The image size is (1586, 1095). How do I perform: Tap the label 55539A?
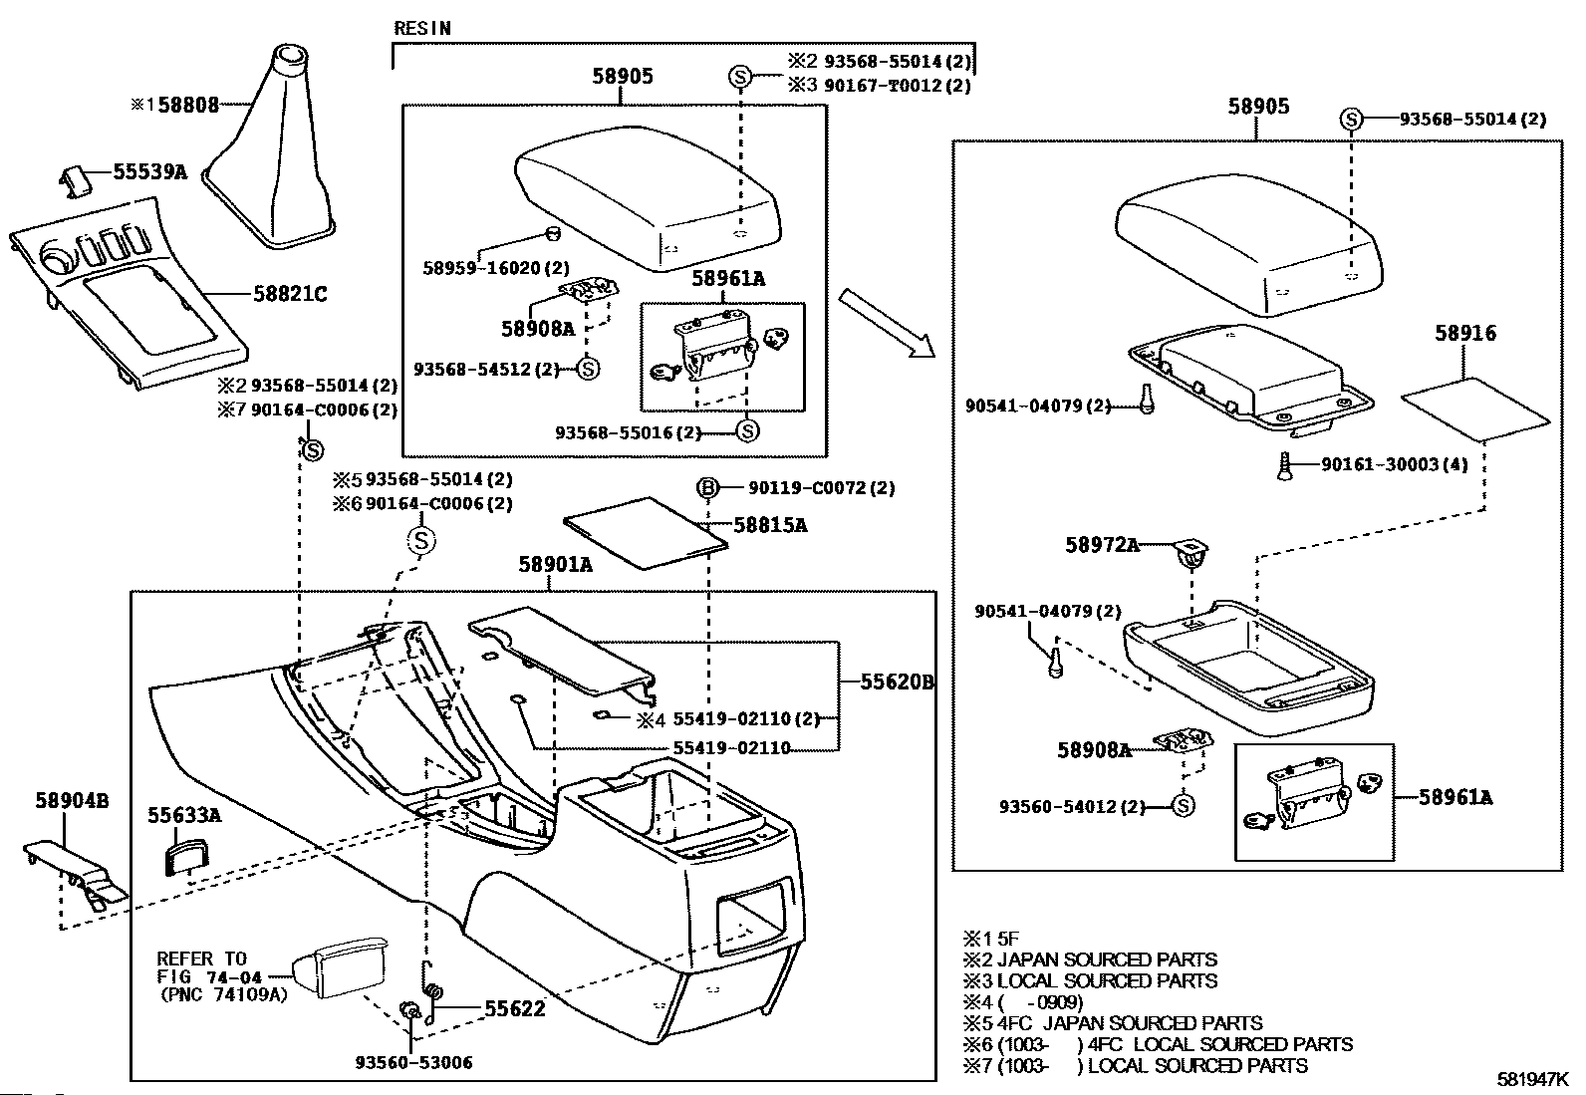coord(150,171)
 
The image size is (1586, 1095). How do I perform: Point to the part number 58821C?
coord(290,293)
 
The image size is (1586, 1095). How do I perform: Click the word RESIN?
coord(422,28)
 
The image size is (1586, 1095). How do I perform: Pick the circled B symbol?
coord(707,487)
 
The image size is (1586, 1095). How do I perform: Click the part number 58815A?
coord(770,525)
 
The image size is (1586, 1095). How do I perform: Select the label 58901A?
coord(555,565)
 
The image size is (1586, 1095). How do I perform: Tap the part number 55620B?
coord(897,682)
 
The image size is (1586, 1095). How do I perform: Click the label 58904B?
coord(72,801)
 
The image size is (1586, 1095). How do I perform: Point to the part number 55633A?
coord(184,815)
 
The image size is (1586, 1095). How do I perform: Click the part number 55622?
coord(515,1008)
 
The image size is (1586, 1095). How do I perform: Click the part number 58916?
coord(1465,333)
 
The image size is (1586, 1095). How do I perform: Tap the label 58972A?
coord(1103,545)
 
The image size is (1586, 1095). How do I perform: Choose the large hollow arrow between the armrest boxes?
coord(887,323)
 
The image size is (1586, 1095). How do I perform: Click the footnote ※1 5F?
coord(990,939)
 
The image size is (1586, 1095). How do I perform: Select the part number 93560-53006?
coord(413,1062)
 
